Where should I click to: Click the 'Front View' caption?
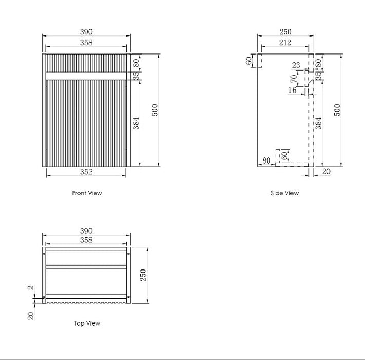[x=87, y=193]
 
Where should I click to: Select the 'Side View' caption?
[x=285, y=193]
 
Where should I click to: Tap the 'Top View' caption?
[x=87, y=323]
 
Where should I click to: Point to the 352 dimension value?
[x=86, y=172]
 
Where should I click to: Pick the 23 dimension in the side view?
[x=296, y=65]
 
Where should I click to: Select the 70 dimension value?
[x=294, y=79]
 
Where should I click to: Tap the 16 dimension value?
[x=293, y=91]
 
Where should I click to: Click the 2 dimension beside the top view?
[x=30, y=289]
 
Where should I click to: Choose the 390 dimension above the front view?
[x=86, y=32]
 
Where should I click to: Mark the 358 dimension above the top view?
[x=86, y=240]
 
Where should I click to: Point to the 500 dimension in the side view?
[x=338, y=110]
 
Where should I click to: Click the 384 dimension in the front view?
[x=137, y=123]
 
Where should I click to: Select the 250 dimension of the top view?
[x=144, y=275]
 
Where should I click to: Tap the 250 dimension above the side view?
[x=285, y=32]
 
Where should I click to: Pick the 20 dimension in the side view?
[x=326, y=172]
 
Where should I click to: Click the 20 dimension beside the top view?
[x=30, y=316]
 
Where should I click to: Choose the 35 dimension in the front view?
[x=136, y=75]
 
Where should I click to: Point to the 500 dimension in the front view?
[x=155, y=110]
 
